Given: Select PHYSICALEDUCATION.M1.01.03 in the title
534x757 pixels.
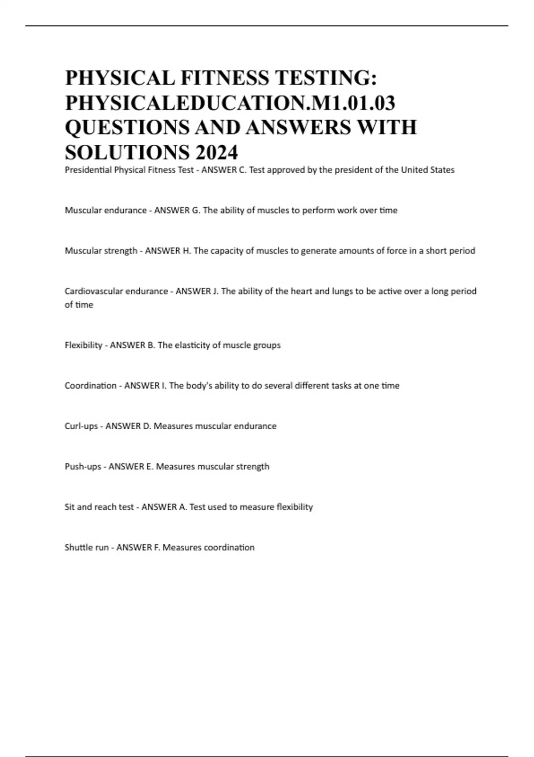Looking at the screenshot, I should point(230,103).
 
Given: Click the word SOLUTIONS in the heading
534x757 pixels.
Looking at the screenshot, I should point(127,153).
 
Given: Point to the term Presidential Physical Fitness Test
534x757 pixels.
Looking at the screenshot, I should point(129,170).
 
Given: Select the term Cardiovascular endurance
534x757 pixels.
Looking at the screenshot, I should point(116,291).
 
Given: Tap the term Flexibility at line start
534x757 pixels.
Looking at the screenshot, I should point(83,345).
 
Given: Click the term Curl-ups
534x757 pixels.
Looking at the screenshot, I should point(81,426).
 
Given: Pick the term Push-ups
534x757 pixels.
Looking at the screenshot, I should point(83,467).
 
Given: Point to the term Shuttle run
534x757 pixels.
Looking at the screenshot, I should point(86,547).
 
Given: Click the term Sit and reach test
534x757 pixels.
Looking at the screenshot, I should point(99,507).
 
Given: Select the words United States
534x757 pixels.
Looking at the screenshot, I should point(428,170).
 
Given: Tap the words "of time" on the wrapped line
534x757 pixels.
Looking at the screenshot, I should point(79,305).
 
